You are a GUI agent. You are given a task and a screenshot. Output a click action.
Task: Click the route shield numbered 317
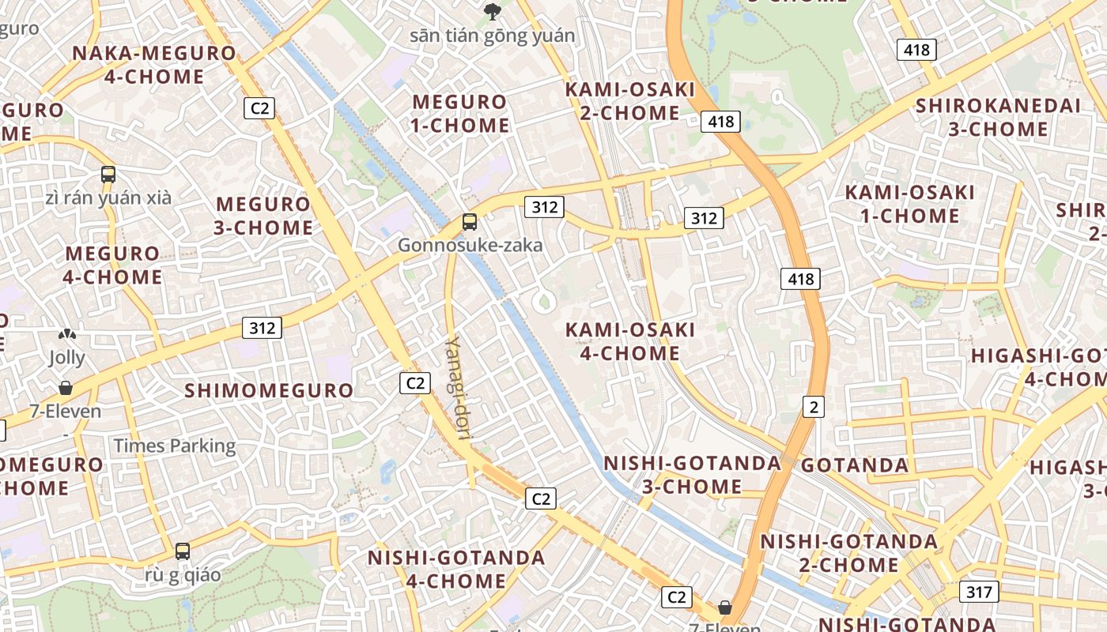(979, 592)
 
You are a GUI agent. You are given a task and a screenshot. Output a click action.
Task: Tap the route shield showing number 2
(813, 407)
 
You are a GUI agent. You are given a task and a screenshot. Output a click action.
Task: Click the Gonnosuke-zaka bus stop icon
(470, 222)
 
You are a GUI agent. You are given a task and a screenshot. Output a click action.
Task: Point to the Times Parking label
(175, 446)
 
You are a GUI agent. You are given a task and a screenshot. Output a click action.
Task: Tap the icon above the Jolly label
(66, 336)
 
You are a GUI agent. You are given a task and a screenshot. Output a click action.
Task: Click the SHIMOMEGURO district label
(269, 390)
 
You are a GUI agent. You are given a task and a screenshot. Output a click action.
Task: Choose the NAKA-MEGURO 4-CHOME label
(154, 65)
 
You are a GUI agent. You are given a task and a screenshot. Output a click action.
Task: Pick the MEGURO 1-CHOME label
(459, 113)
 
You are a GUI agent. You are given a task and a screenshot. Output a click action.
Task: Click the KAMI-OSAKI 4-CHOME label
(630, 341)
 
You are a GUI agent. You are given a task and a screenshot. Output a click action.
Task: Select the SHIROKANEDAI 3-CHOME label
(998, 117)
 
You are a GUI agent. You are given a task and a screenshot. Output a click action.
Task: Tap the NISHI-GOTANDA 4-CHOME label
(456, 570)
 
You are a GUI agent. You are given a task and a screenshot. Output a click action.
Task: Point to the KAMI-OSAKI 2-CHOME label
(630, 101)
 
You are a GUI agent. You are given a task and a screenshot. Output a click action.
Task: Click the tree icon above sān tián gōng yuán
(493, 11)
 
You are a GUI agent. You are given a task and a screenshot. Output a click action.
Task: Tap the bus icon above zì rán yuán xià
(108, 175)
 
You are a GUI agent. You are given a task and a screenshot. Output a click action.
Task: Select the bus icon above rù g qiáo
(183, 551)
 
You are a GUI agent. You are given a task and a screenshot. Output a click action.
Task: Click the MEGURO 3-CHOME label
(264, 216)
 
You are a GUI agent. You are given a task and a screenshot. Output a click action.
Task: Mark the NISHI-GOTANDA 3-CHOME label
(693, 475)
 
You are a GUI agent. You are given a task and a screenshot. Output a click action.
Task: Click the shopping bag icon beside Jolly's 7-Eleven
(66, 388)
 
